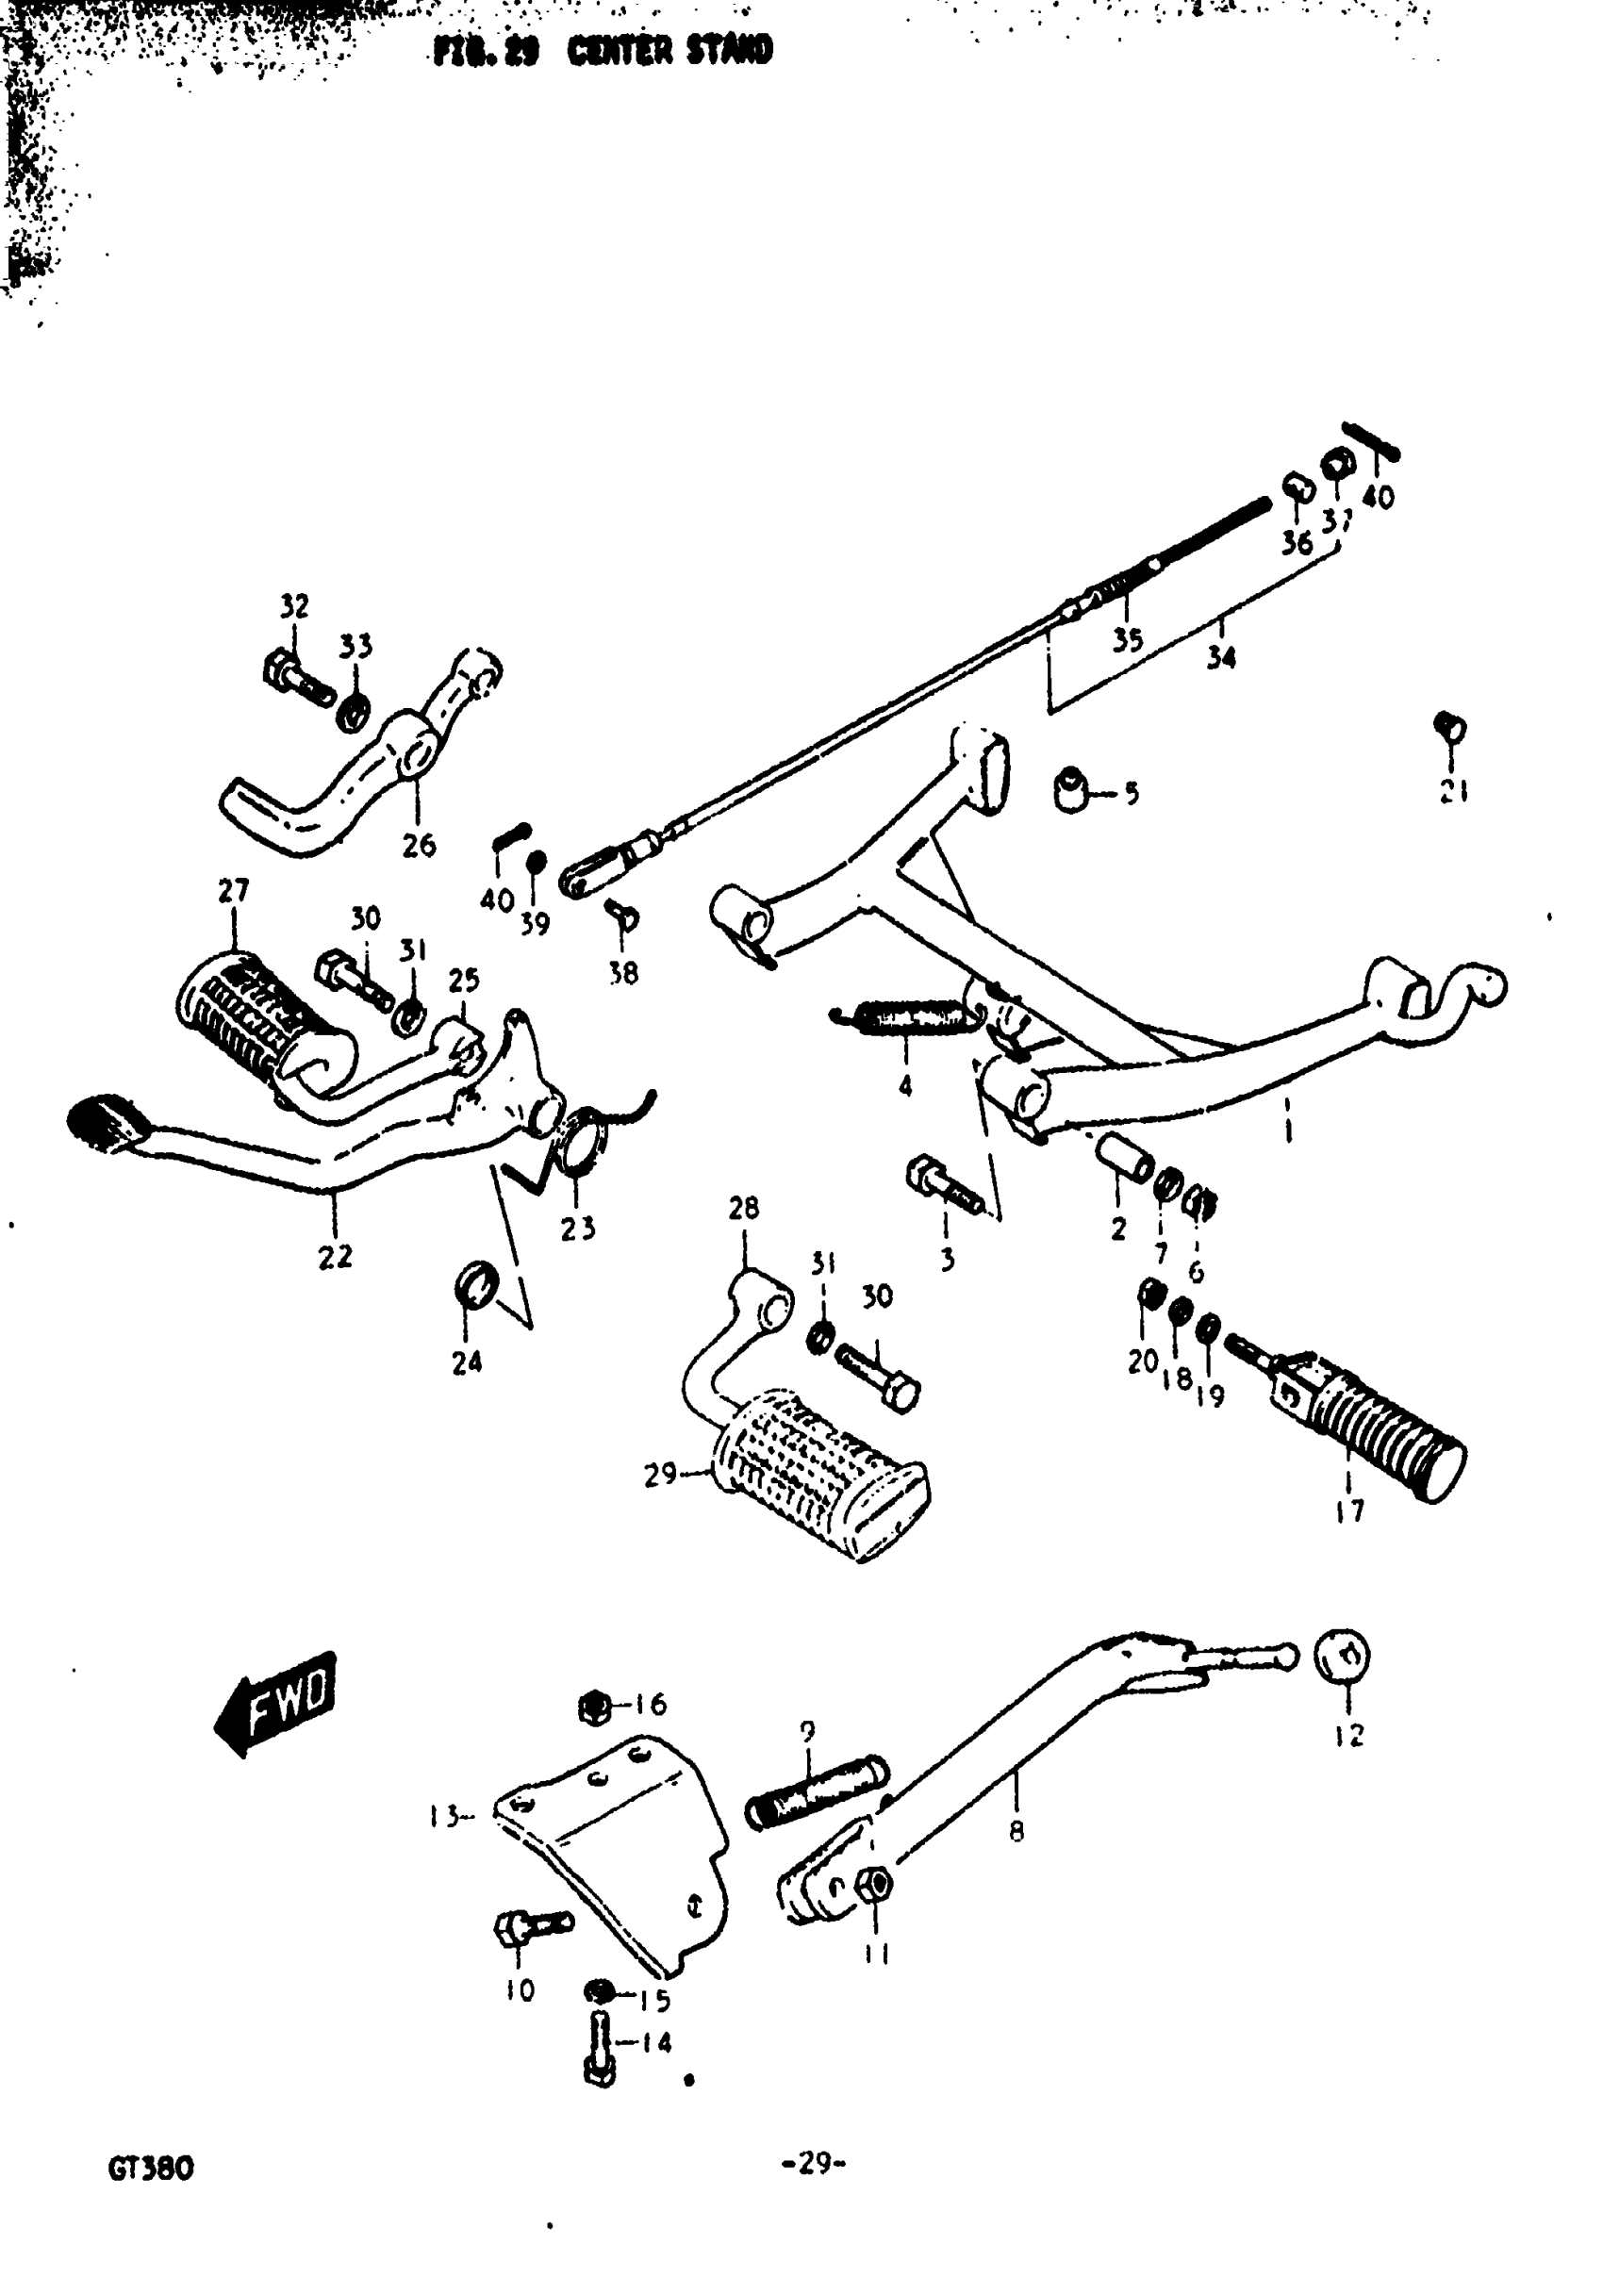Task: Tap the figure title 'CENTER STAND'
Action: (669, 51)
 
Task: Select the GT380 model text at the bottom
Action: (151, 2169)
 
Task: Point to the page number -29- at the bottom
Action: (813, 2163)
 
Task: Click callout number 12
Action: (1350, 1736)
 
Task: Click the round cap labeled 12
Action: (1341, 1656)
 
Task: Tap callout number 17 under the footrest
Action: (1349, 1511)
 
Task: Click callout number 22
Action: (335, 1257)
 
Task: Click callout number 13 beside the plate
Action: (443, 1817)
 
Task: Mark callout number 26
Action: (419, 845)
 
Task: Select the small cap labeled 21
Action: (1450, 729)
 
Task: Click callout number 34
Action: (1221, 656)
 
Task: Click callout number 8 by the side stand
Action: (1016, 1832)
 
